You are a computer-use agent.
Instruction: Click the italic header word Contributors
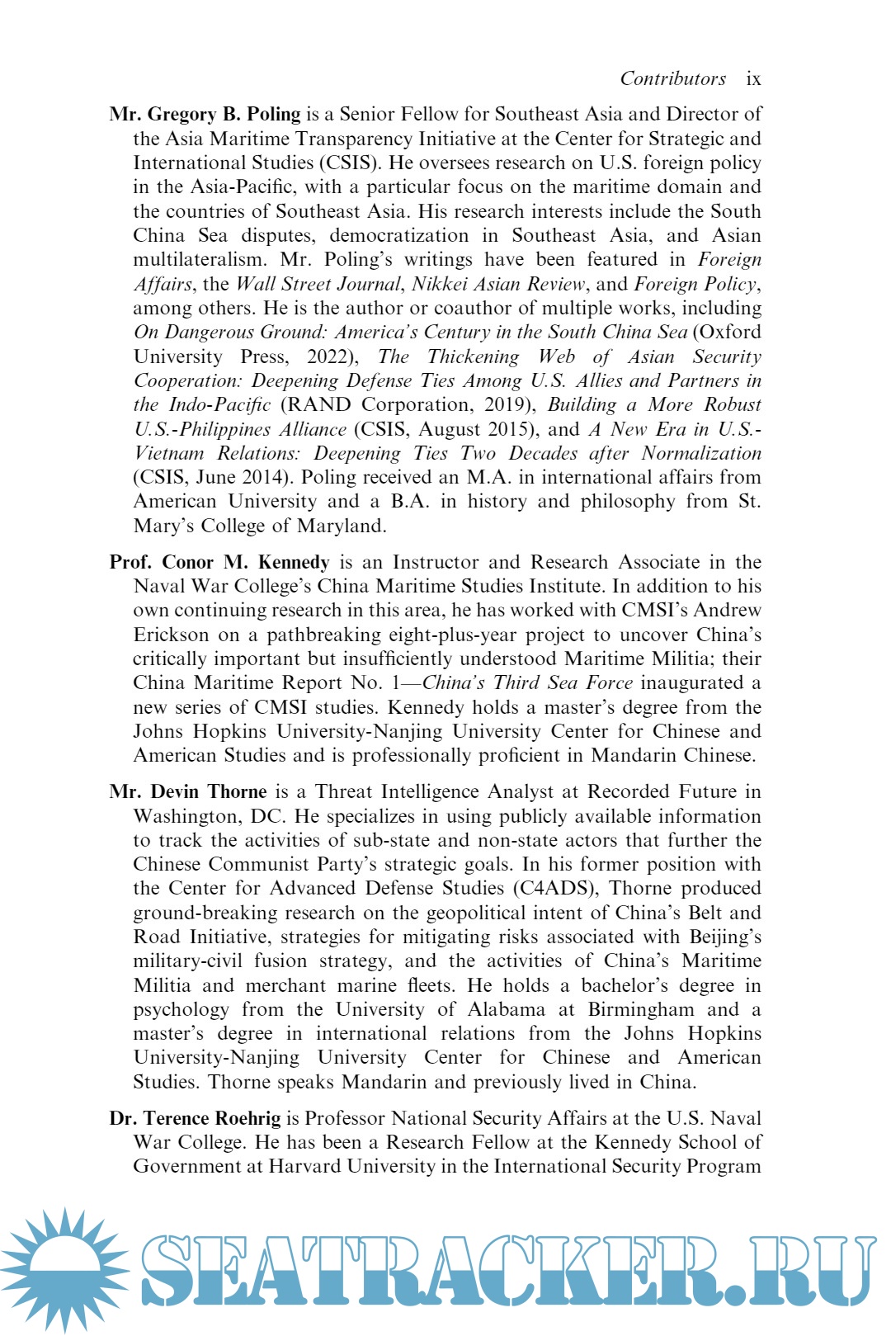tap(672, 78)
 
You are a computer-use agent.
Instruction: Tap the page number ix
tap(753, 78)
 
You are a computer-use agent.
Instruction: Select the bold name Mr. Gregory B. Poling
tap(205, 114)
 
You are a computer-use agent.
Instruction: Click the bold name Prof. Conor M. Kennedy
tap(219, 562)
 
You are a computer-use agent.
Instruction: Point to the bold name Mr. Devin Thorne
tap(188, 791)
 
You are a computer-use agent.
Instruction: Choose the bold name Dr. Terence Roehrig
tap(195, 1118)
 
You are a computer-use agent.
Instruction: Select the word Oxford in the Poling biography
tap(729, 332)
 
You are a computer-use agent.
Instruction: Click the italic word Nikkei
tap(442, 284)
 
